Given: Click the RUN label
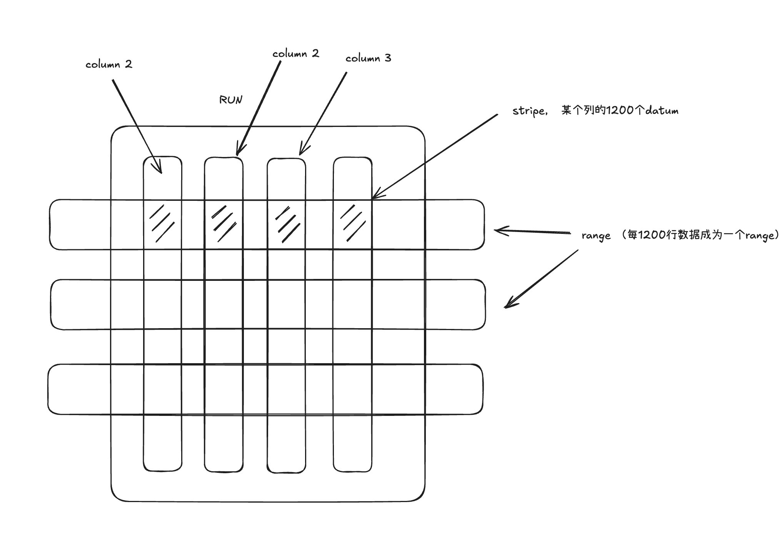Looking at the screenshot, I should click(x=231, y=100).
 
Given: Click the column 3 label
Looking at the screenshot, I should click(x=368, y=58).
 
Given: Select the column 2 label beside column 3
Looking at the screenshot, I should click(x=295, y=54).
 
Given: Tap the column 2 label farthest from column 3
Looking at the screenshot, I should click(x=108, y=64).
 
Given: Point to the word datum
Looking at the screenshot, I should click(x=662, y=111).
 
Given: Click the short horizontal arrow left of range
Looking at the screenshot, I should click(x=535, y=232).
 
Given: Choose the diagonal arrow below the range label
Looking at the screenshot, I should click(x=542, y=278).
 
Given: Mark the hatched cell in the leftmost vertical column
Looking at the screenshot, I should click(x=162, y=224).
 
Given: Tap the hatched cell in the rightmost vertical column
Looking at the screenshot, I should click(x=352, y=224).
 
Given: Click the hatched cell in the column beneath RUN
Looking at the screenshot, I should click(x=224, y=224).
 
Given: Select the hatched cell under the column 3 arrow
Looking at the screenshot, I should click(x=287, y=224).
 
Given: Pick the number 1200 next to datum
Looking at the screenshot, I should click(x=619, y=111).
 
